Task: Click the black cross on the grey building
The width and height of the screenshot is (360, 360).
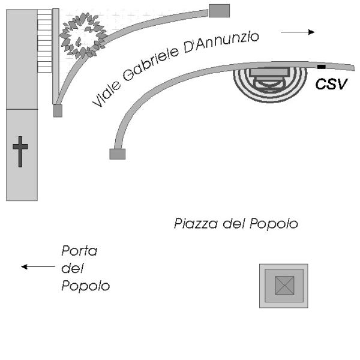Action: [x=21, y=151]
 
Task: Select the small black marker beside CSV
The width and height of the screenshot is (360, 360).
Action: [x=322, y=65]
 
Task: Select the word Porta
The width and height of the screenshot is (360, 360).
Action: [x=79, y=251]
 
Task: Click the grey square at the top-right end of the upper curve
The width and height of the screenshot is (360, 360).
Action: [x=219, y=10]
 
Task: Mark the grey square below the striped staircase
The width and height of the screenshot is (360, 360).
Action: [x=58, y=111]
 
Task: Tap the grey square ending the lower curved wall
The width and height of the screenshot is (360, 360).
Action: [x=117, y=154]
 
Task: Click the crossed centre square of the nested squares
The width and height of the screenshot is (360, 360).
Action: [x=283, y=286]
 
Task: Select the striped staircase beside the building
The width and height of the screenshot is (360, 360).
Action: [x=45, y=40]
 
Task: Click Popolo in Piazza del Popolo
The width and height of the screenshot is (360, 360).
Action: [x=277, y=225]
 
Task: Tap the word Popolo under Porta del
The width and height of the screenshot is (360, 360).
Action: [x=85, y=286]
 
